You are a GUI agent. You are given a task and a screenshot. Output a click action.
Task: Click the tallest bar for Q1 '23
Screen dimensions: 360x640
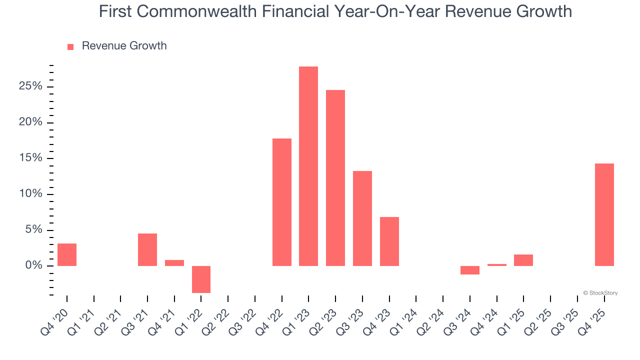coord(308,166)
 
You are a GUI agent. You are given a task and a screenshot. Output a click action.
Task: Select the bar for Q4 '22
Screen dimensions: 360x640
coord(281,202)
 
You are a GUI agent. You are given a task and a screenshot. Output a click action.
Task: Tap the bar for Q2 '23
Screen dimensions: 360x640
coord(335,178)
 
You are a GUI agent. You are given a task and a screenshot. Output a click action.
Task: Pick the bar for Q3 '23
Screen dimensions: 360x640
coord(362,218)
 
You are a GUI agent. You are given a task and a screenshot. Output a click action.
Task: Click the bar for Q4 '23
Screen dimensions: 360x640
coord(389,241)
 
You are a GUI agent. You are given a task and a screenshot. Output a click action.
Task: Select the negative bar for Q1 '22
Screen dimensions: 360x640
coord(201,279)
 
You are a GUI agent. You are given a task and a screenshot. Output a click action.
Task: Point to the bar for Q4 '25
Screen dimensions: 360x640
coord(604,214)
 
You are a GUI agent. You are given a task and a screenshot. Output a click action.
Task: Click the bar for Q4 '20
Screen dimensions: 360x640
coord(67,254)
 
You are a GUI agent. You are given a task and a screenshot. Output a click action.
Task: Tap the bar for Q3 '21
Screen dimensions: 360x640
coord(147,249)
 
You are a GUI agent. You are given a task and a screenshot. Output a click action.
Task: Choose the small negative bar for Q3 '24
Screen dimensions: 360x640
coord(470,270)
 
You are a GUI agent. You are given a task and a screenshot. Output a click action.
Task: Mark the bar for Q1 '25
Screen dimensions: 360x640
coord(523,260)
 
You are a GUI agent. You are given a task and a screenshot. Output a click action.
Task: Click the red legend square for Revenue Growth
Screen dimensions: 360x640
coord(70,46)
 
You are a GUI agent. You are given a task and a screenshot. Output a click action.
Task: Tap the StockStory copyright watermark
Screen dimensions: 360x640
coord(600,293)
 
